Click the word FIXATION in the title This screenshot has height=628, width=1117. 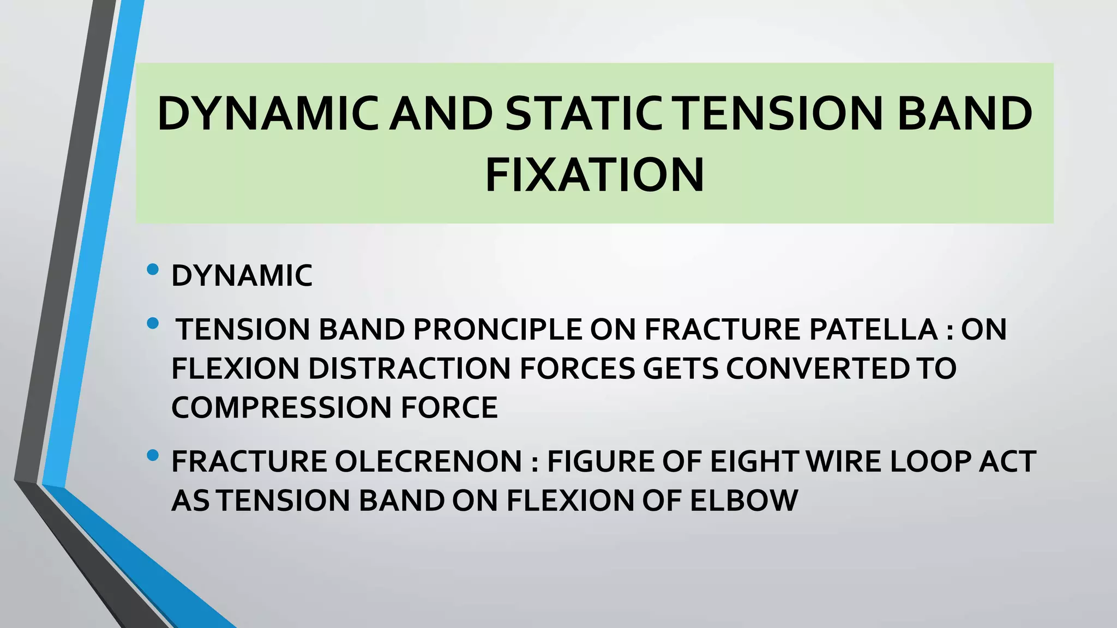(x=594, y=176)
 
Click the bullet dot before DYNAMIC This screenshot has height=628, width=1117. (x=153, y=269)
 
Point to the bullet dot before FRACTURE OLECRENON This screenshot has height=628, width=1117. (x=153, y=455)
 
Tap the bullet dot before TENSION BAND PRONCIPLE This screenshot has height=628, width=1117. (x=153, y=324)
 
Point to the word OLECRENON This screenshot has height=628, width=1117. (x=428, y=462)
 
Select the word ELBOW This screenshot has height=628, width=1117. (x=744, y=501)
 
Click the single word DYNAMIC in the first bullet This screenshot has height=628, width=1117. (x=242, y=276)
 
